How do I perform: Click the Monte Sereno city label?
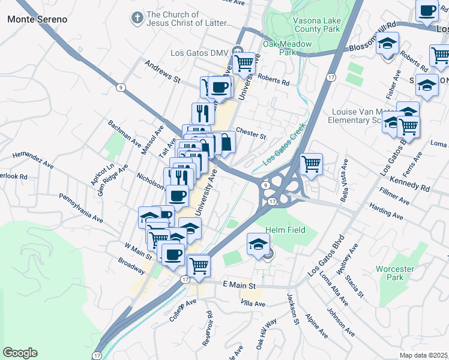tap(37, 19)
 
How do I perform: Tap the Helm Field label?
tap(286, 230)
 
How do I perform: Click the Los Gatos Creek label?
tap(285, 145)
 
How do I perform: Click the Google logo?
tap(20, 353)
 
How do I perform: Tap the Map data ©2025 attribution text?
tap(423, 355)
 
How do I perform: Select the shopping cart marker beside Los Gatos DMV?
tap(244, 62)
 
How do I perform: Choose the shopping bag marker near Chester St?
tap(225, 143)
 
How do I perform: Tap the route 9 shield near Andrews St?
tap(121, 88)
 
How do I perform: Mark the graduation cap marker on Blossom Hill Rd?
tap(388, 44)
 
